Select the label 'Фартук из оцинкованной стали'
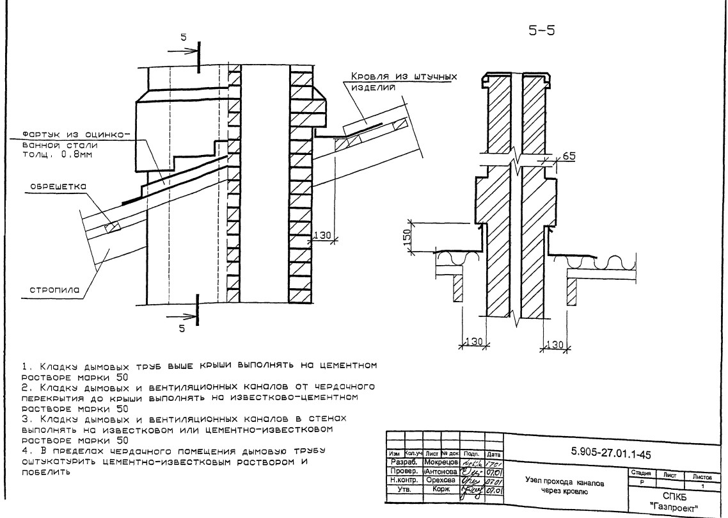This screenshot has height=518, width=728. (x=75, y=144)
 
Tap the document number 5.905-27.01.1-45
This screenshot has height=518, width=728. (x=610, y=453)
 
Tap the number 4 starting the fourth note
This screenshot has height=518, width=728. (x=24, y=451)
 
